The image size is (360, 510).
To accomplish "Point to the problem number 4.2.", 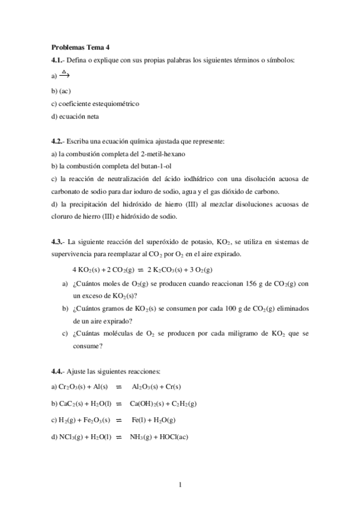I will pyautogui.click(x=58, y=141).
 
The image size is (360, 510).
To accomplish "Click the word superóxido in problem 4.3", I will pyautogui.click(x=154, y=242).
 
